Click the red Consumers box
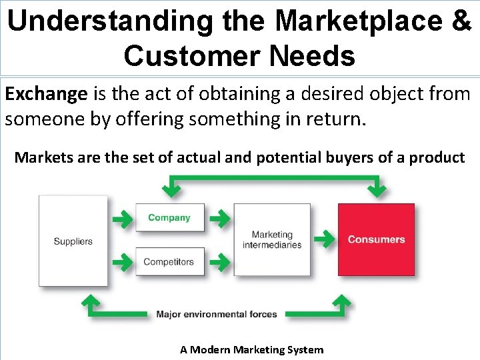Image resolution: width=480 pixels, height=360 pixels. [x=376, y=239]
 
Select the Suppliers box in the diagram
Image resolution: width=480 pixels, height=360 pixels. [x=73, y=241]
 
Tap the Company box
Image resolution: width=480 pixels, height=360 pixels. [x=169, y=218]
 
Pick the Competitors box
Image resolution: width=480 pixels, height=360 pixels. [x=169, y=262]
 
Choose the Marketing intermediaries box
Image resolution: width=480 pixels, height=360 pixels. [x=272, y=239]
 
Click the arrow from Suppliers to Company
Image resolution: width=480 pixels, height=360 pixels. [x=121, y=218]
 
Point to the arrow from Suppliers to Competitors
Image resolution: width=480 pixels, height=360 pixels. [x=121, y=262]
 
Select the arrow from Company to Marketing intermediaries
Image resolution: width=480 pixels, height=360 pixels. [x=218, y=218]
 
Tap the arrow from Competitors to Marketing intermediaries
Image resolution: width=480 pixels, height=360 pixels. [x=218, y=262]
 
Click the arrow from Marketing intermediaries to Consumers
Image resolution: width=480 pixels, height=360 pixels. [x=324, y=239]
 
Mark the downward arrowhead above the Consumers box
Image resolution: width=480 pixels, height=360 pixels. [x=377, y=189]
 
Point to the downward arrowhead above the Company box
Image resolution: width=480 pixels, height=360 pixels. [x=172, y=189]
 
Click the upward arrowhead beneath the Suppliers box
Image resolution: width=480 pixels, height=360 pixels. [x=89, y=303]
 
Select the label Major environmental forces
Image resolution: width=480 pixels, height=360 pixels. [x=216, y=314]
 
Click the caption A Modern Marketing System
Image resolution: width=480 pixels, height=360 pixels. [x=251, y=350]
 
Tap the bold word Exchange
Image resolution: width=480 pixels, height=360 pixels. [x=46, y=94]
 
